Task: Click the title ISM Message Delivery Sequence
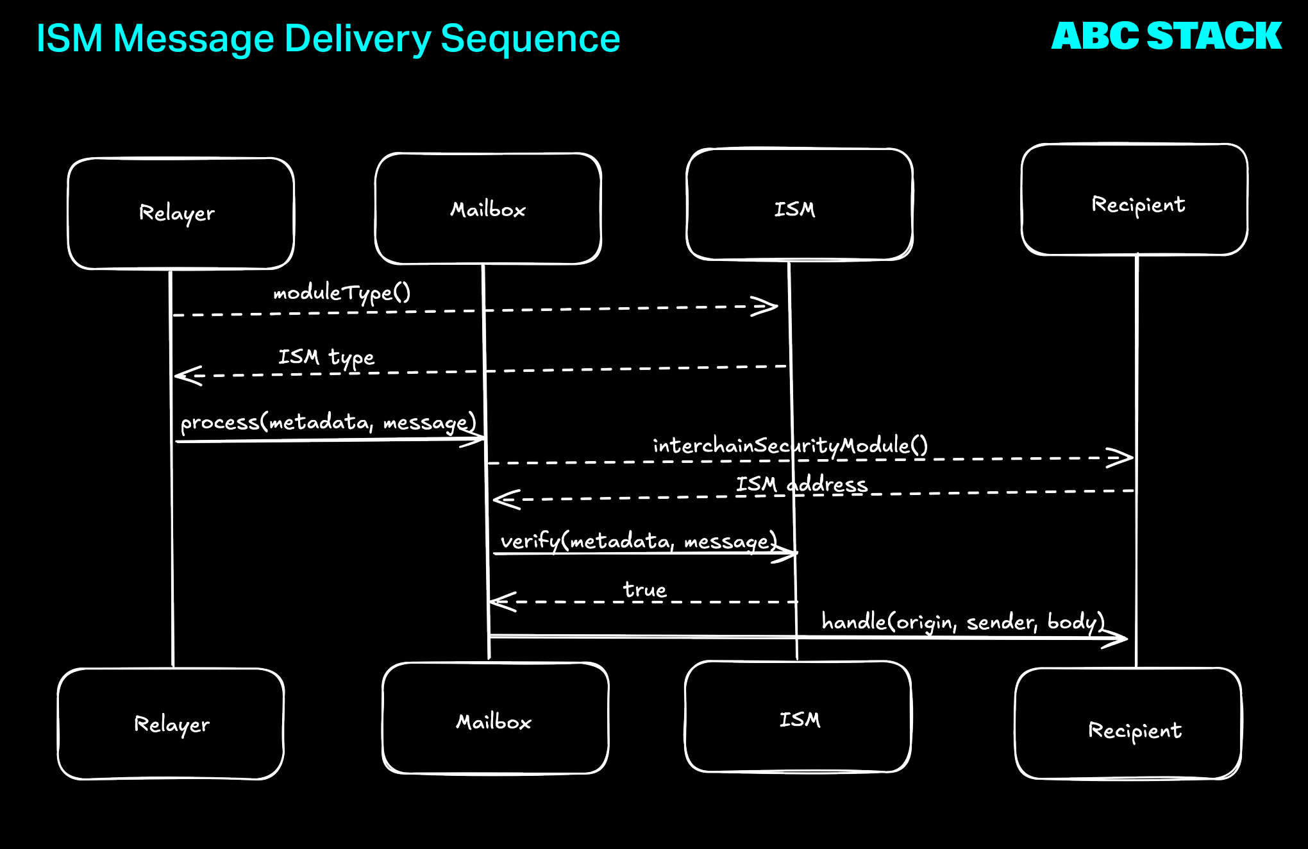pyautogui.click(x=328, y=38)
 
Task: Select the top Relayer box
pyautogui.click(x=181, y=214)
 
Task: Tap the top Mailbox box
pyautogui.click(x=488, y=209)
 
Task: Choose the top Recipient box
pyautogui.click(x=1134, y=200)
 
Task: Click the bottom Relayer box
pyautogui.click(x=171, y=724)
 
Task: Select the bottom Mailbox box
pyautogui.click(x=495, y=719)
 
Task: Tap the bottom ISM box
pyautogui.click(x=798, y=717)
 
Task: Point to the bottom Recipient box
pyautogui.click(x=1128, y=724)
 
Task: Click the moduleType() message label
pyautogui.click(x=342, y=293)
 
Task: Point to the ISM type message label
pyautogui.click(x=326, y=357)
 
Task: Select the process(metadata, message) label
pyautogui.click(x=328, y=423)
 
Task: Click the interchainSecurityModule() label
pyautogui.click(x=790, y=446)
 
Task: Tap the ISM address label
pyautogui.click(x=801, y=484)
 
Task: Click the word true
pyautogui.click(x=644, y=589)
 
